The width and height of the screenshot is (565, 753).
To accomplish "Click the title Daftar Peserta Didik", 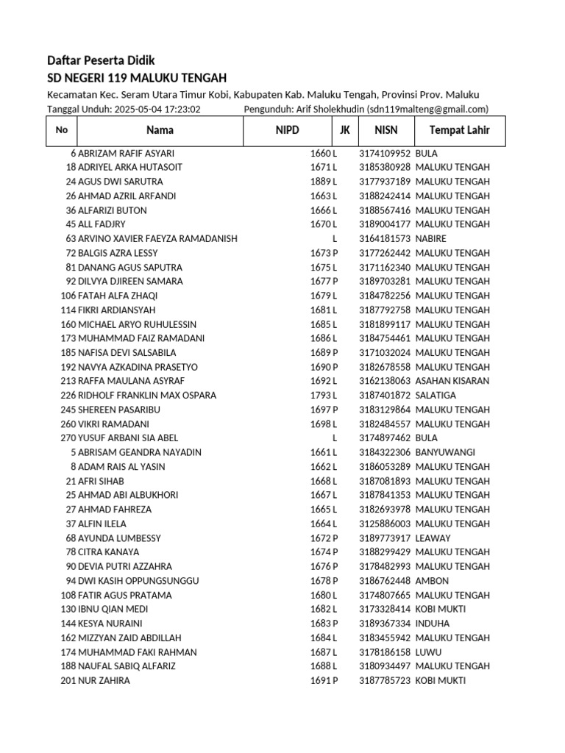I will (x=101, y=60).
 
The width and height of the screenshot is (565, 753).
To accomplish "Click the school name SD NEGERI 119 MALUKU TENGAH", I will (x=137, y=78).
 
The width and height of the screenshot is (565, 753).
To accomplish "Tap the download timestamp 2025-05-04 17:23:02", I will (x=157, y=109).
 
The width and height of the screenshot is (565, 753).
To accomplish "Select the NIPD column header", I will (x=288, y=130).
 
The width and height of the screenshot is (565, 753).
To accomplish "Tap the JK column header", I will (x=344, y=130).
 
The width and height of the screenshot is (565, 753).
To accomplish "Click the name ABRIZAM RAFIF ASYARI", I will (x=126, y=153).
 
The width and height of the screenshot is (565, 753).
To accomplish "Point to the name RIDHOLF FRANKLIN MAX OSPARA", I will (x=147, y=395).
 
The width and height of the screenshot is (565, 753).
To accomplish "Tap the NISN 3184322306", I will (x=385, y=452).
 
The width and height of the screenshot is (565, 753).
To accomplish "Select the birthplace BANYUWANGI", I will (x=445, y=452).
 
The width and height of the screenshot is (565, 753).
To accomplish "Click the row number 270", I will (x=68, y=438).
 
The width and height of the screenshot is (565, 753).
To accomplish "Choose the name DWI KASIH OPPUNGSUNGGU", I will (x=138, y=580).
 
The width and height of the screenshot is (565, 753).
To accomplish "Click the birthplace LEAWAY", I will (x=433, y=538).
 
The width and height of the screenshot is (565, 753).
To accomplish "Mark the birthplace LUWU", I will (x=428, y=652).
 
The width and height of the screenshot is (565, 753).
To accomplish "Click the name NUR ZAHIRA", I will (x=104, y=680).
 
